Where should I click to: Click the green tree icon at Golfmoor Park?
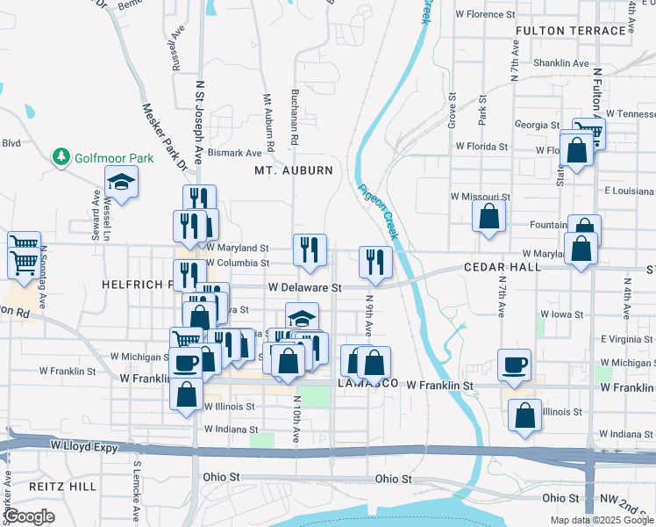point(61,157)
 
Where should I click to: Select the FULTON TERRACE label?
point(570,31)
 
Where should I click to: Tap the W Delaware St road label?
point(303,287)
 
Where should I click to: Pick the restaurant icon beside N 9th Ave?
point(374,262)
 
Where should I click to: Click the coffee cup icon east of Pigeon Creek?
point(515,363)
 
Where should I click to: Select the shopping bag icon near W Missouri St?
point(488,215)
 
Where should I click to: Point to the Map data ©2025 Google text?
point(601,520)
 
